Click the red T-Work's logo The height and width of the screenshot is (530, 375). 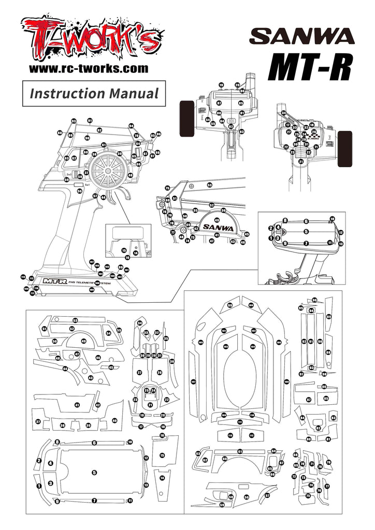89,39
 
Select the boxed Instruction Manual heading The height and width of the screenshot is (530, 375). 94,94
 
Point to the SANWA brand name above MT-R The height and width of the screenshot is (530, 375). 302,36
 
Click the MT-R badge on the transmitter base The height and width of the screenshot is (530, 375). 54,281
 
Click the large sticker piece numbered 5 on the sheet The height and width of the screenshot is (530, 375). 94,472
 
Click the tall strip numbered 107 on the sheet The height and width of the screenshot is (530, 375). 193,382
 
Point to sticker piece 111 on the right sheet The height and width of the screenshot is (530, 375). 240,422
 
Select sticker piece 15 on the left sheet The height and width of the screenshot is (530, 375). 162,455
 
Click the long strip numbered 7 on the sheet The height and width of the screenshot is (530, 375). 94,500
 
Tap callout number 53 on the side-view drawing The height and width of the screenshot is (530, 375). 210,185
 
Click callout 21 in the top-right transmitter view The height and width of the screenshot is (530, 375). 301,161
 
